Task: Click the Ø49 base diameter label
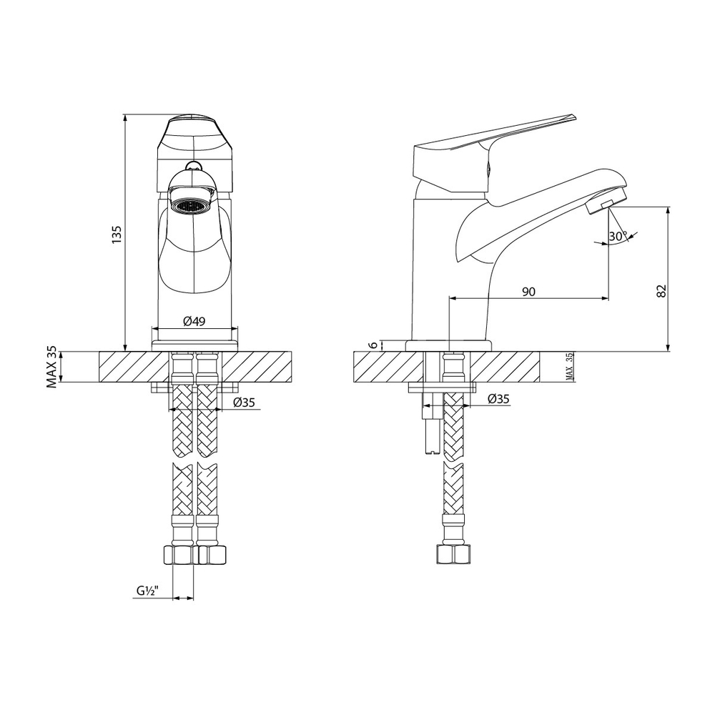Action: tap(194, 321)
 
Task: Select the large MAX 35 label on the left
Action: tap(52, 367)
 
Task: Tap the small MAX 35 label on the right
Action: tap(569, 366)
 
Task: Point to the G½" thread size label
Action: tap(148, 591)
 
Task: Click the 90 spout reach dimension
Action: tap(529, 291)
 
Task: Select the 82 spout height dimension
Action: tap(661, 290)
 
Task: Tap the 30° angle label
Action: tap(618, 236)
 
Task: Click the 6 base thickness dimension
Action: tap(373, 345)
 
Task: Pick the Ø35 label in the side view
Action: tap(498, 399)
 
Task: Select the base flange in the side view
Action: tap(448, 345)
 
